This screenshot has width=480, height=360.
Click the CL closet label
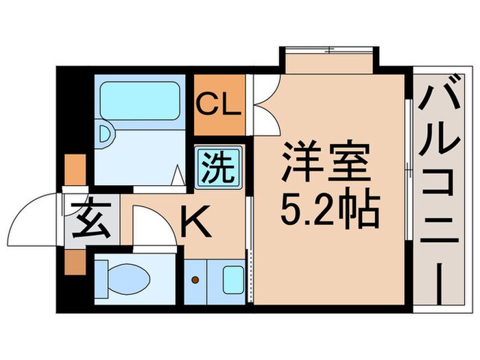[218, 106]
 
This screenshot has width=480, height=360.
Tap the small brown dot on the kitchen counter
[195, 280]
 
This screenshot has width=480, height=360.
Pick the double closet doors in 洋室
[265, 103]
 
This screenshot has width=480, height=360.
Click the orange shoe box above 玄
[74, 169]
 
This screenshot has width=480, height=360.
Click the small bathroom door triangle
[178, 176]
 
